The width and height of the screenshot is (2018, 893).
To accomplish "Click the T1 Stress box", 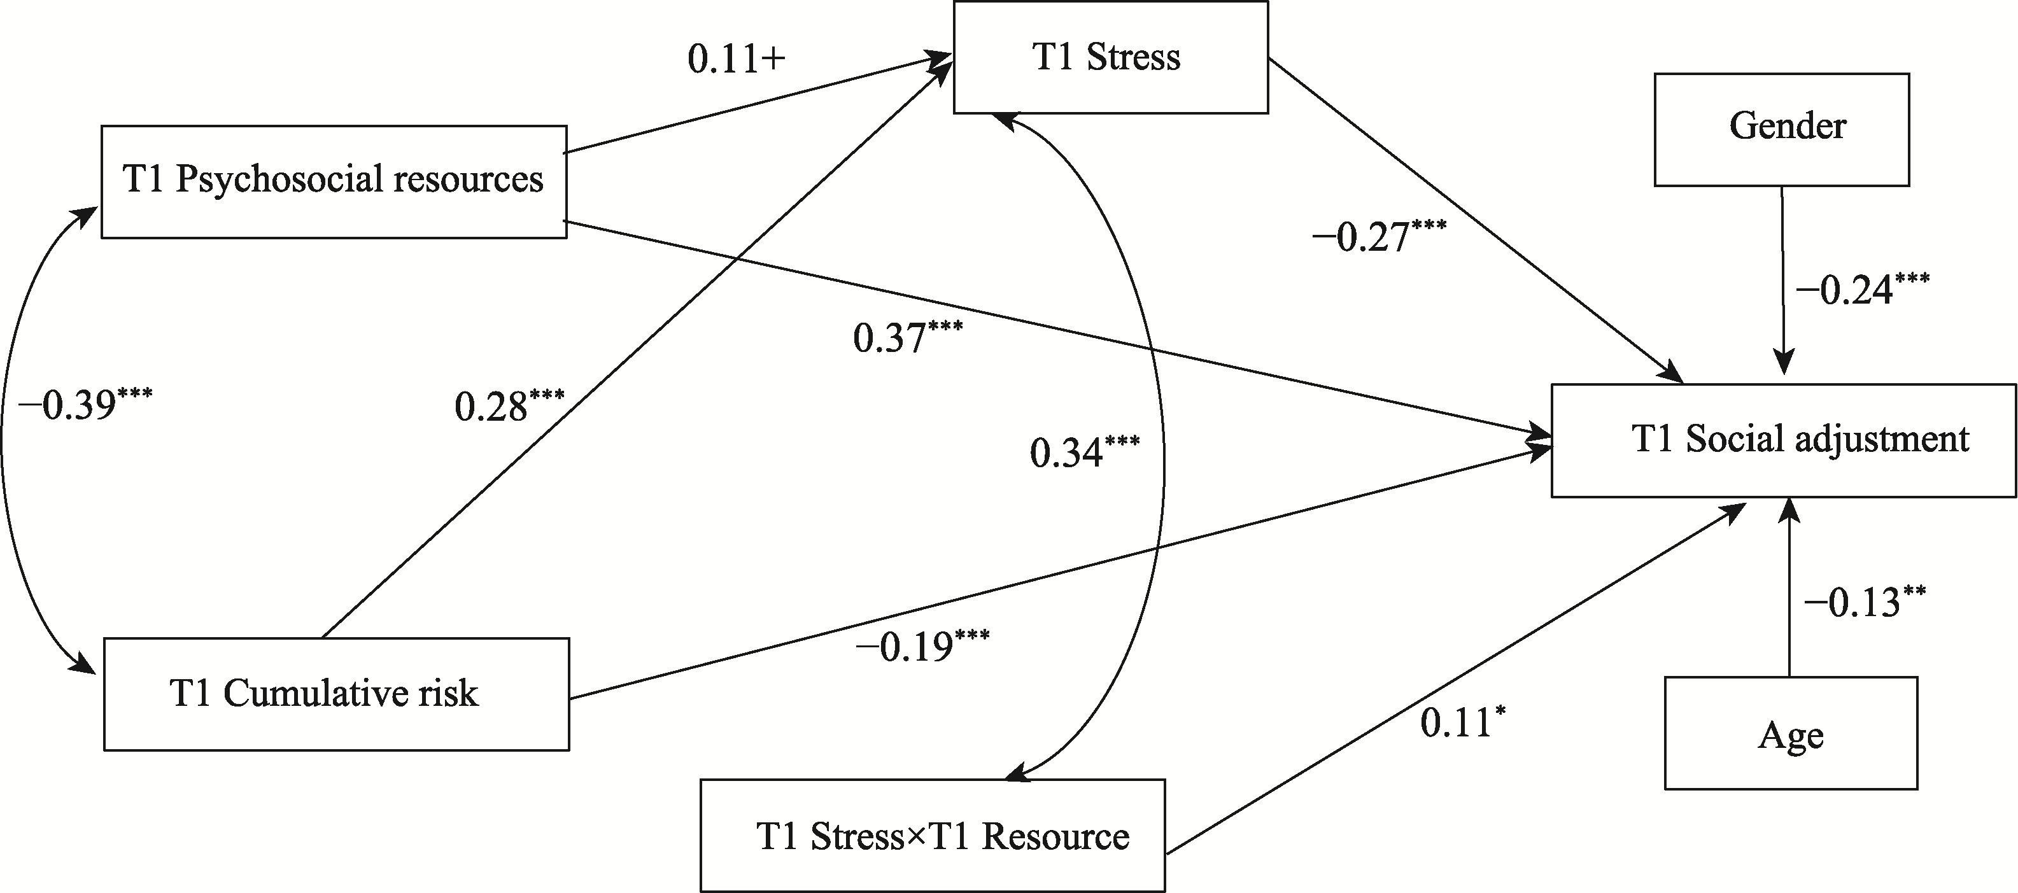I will click(1110, 57).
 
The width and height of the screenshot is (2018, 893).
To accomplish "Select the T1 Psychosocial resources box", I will click(334, 181).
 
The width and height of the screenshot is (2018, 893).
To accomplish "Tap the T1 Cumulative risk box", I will click(336, 694).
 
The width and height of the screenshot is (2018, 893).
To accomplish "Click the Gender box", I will click(1781, 129).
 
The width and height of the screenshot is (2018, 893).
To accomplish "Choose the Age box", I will click(1791, 733).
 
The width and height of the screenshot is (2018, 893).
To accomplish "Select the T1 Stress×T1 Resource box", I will click(932, 835).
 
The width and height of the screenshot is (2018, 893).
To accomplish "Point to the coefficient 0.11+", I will click(737, 60).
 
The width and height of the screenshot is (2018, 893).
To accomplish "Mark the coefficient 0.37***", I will click(907, 337).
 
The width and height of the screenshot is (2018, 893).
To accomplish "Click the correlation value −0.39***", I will click(85, 405).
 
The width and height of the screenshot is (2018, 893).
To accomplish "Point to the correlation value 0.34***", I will click(1084, 453).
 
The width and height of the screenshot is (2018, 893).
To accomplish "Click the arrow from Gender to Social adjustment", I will click(1783, 282).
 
